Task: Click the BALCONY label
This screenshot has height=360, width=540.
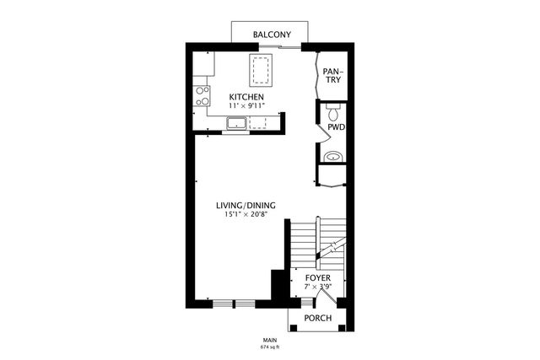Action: click(272, 35)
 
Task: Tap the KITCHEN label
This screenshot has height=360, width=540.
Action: click(247, 98)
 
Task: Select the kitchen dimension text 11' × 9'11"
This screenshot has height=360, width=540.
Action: click(247, 107)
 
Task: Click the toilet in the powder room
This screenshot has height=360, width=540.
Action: click(333, 112)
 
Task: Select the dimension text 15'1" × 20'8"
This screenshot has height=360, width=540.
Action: click(246, 216)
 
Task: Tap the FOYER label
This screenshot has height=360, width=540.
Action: click(318, 277)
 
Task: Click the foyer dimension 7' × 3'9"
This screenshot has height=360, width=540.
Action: click(318, 287)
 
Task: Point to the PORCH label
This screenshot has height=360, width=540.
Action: click(318, 318)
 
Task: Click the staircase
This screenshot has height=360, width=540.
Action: click(319, 240)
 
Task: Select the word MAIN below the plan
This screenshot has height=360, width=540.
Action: click(271, 339)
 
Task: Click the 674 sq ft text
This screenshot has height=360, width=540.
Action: click(271, 346)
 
